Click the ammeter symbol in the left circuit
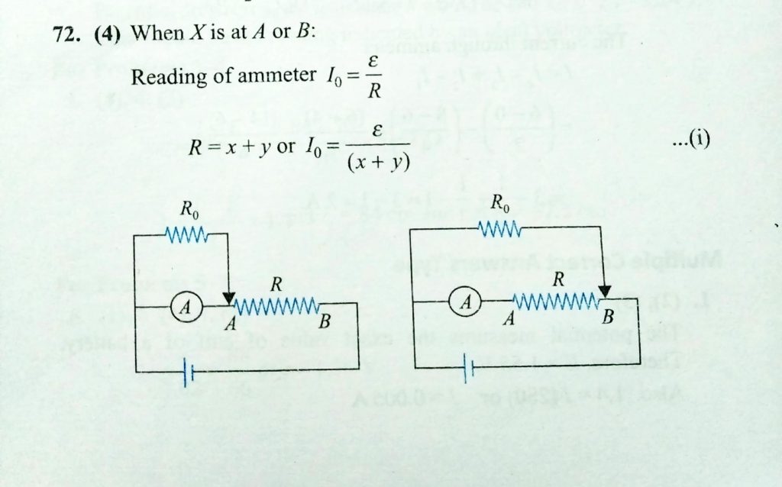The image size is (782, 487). (184, 307)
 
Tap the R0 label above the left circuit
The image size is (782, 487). (189, 208)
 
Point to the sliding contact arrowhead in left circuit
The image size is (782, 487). (229, 299)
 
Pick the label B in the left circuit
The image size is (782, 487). (324, 322)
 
